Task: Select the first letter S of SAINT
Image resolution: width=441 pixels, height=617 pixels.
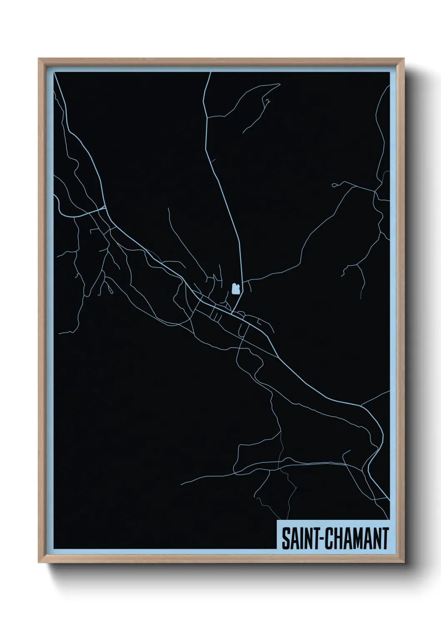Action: coord(286,539)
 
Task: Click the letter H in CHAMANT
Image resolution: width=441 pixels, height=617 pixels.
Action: coord(337,539)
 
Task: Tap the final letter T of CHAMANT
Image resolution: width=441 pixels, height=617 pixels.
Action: coord(385,539)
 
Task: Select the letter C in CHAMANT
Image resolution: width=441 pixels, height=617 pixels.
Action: coord(328,539)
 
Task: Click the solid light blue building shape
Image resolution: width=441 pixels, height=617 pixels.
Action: coord(235,288)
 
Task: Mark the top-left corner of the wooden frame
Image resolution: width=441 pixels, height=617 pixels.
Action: coord(39,59)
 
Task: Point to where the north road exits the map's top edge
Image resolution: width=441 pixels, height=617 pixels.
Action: coord(210,73)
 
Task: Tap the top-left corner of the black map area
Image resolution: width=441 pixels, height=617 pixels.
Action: coord(55,73)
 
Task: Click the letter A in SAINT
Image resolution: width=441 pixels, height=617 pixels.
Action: coord(293,539)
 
